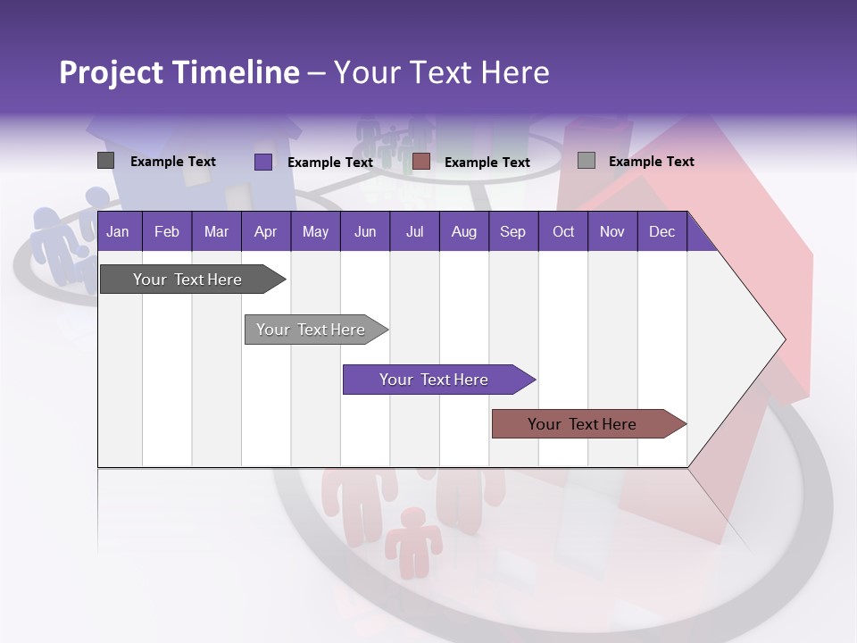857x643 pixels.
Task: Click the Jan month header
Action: click(x=118, y=231)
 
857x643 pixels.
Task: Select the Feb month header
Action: click(x=167, y=231)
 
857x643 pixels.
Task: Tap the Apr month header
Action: click(x=265, y=231)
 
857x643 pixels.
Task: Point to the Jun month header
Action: click(x=365, y=231)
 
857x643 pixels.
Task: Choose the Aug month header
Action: click(x=463, y=231)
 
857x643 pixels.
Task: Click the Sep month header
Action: click(x=512, y=231)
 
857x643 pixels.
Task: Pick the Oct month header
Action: click(x=563, y=231)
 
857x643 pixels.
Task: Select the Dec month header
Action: click(x=661, y=231)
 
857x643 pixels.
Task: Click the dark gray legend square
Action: click(x=105, y=161)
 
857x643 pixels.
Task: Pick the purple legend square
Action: click(x=262, y=162)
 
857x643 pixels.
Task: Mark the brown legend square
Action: click(x=421, y=162)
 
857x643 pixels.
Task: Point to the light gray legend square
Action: click(x=586, y=161)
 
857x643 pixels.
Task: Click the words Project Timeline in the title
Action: click(x=179, y=72)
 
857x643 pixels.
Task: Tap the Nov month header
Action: click(x=612, y=231)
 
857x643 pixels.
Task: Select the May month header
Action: click(x=315, y=231)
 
